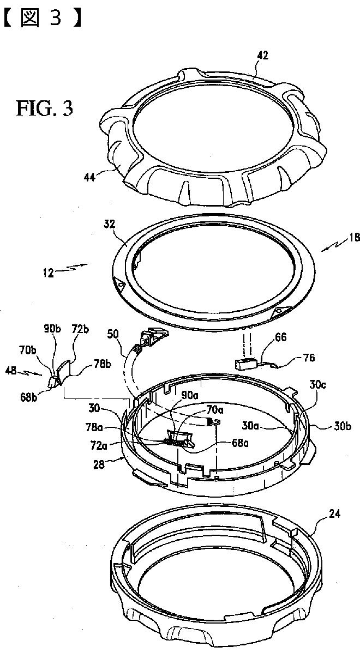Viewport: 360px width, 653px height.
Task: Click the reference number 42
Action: [x=263, y=56]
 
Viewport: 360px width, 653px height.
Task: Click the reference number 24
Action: [x=334, y=514]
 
